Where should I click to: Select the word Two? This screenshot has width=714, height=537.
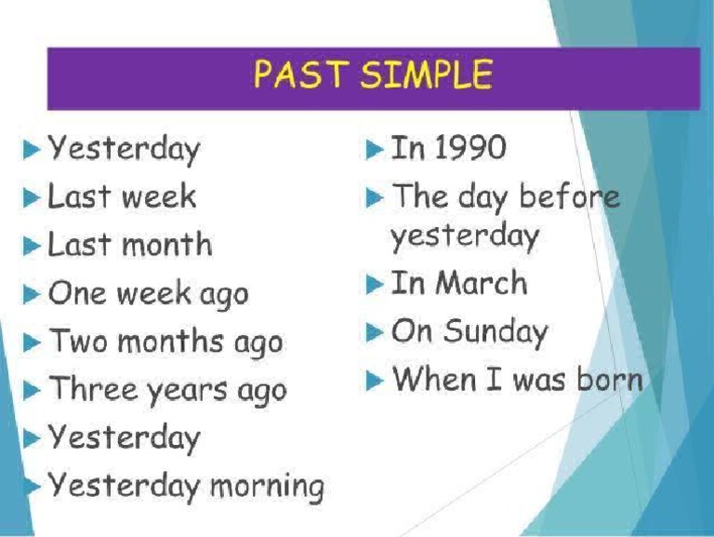77,341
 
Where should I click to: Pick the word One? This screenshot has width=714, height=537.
76,293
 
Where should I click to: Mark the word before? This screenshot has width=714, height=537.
569,197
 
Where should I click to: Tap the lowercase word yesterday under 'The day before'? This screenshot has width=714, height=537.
464,236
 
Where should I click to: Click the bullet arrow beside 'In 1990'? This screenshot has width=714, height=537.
374,149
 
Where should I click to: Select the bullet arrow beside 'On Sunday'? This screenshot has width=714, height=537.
374,332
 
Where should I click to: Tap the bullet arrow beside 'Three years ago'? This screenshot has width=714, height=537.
33,390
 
